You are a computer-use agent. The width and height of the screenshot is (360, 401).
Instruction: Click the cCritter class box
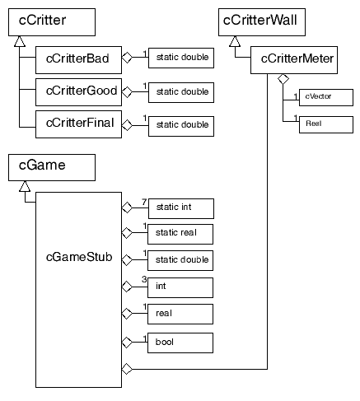(52, 22)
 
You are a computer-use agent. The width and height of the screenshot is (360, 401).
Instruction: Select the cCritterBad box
(78, 60)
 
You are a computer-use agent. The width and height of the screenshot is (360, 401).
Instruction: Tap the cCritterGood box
(78, 92)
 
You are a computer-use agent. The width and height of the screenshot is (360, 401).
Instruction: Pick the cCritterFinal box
(78, 124)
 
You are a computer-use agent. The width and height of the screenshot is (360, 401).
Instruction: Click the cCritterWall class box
(262, 22)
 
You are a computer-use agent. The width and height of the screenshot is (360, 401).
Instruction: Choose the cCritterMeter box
(294, 60)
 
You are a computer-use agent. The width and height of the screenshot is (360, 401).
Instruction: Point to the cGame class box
(52, 167)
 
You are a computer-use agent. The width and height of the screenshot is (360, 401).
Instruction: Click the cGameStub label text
(79, 257)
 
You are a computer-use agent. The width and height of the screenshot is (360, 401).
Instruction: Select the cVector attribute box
(326, 97)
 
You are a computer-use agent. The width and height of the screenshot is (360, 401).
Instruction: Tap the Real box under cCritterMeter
(326, 124)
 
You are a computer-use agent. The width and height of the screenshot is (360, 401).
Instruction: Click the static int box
(181, 208)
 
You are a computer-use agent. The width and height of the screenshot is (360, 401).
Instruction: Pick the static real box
(180, 234)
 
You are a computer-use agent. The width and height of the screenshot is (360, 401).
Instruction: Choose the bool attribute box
(180, 343)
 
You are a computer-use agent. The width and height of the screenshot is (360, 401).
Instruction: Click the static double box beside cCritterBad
(181, 58)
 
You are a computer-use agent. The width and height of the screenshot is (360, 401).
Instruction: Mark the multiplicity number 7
(144, 202)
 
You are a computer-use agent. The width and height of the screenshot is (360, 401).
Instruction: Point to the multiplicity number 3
(144, 279)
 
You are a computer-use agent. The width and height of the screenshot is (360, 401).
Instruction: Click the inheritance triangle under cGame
(25, 186)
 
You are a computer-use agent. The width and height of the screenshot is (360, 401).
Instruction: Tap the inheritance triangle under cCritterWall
(235, 41)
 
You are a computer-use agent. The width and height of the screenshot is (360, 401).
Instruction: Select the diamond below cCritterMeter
(283, 79)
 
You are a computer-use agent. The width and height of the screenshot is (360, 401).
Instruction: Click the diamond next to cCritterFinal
(127, 125)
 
